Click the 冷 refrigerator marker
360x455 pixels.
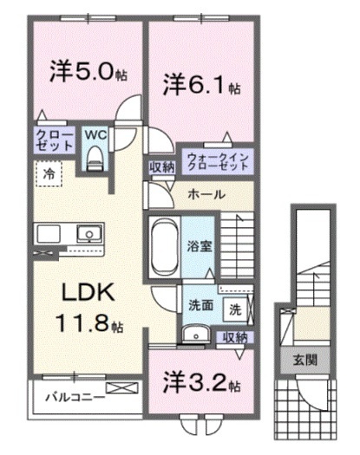49,173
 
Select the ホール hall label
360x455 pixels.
206,195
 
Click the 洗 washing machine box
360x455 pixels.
235,308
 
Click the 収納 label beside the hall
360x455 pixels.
161,168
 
